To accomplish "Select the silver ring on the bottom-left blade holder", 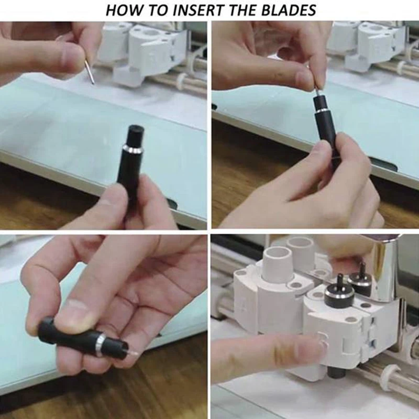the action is (100, 344).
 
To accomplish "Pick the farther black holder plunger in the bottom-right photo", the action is (361, 278).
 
